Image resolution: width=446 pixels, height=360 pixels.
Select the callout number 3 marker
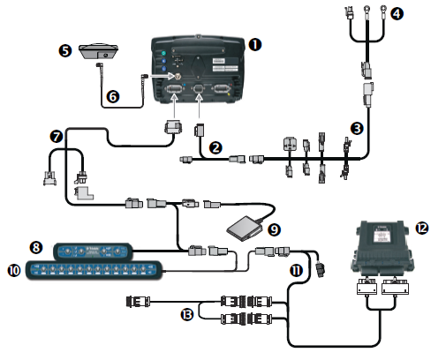coord(356,128)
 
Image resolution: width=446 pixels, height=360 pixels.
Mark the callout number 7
coord(57,137)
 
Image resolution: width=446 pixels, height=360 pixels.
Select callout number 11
coord(297,271)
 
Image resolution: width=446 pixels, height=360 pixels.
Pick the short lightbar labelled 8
coord(92,250)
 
